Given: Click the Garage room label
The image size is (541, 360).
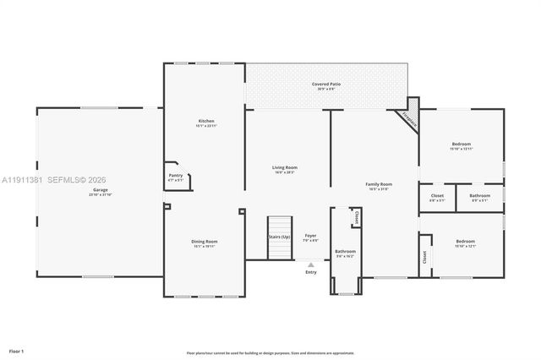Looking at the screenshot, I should [x=100, y=189].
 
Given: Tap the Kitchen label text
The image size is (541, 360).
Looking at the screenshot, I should [x=206, y=121].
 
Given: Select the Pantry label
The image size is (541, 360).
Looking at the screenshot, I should [x=176, y=175].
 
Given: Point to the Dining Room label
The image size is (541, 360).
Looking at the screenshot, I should [x=205, y=242].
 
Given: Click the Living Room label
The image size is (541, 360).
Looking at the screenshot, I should [x=284, y=167].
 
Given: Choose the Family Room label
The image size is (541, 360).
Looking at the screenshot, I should [x=379, y=184].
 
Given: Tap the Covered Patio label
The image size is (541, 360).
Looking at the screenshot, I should [x=325, y=85].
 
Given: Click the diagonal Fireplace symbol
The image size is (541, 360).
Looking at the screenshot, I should [x=409, y=119].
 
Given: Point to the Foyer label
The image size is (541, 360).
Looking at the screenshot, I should [x=311, y=236].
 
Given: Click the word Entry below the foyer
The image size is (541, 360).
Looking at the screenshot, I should [x=311, y=272].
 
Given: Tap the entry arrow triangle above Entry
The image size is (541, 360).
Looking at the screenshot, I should [x=311, y=264].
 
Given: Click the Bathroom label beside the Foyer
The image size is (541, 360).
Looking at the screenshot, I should [x=345, y=251].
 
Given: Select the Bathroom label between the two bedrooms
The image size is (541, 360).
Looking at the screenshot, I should [x=479, y=195].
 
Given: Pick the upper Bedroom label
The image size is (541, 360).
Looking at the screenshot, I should [x=462, y=144].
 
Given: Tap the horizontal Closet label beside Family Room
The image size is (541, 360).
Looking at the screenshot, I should [x=437, y=195].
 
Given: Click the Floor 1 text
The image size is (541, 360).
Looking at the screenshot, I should [x=17, y=350].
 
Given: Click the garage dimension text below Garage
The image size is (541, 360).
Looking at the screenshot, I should [x=100, y=195].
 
